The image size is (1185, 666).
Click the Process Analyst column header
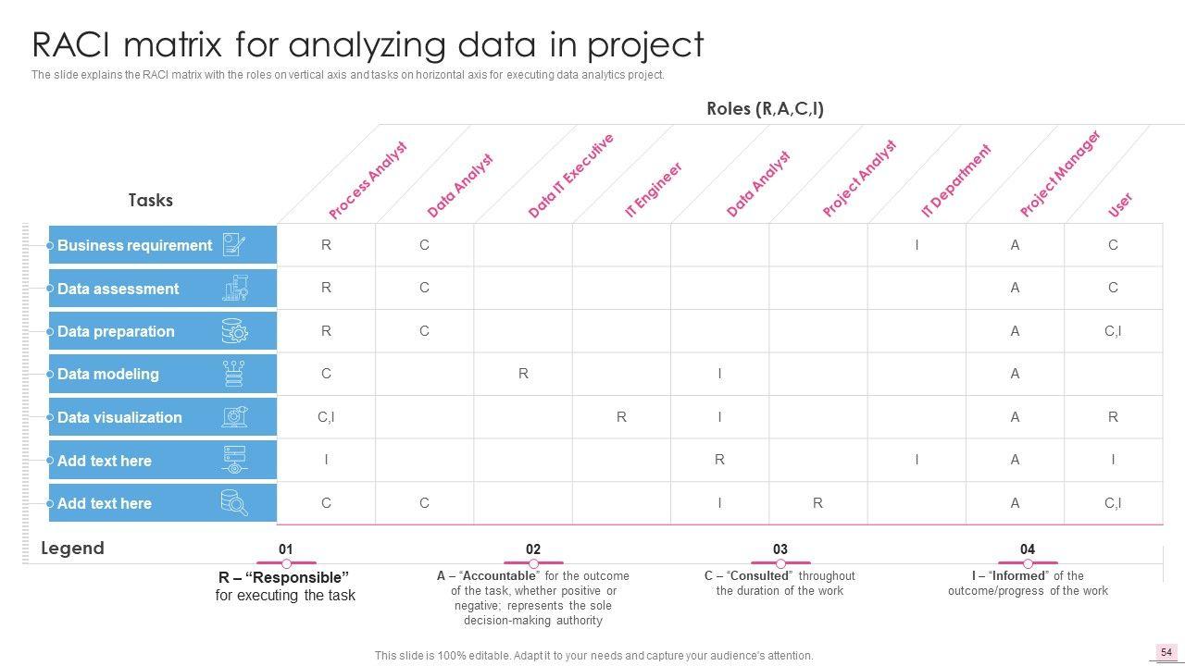tap(368, 180)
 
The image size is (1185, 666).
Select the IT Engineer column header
tap(654, 190)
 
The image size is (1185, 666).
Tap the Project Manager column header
tap(1060, 174)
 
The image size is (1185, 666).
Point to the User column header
tap(1120, 204)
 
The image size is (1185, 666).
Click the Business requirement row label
tap(135, 245)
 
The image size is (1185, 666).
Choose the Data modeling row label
tap(108, 374)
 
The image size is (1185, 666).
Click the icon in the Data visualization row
tap(234, 417)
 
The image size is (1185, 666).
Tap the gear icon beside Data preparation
tap(234, 331)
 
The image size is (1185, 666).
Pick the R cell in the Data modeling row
tap(523, 374)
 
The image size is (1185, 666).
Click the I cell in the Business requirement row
tap(917, 245)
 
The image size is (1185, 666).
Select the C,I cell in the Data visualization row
tap(326, 417)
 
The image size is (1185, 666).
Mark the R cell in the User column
tap(1113, 417)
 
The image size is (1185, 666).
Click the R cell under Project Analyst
tap(817, 503)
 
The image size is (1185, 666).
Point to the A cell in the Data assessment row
tap(1015, 288)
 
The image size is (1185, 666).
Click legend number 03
tap(780, 549)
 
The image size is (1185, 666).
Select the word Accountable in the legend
tap(500, 575)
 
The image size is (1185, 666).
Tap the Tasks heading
tap(150, 200)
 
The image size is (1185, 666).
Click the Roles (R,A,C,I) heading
tap(765, 108)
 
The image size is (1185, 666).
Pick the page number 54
tap(1166, 652)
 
